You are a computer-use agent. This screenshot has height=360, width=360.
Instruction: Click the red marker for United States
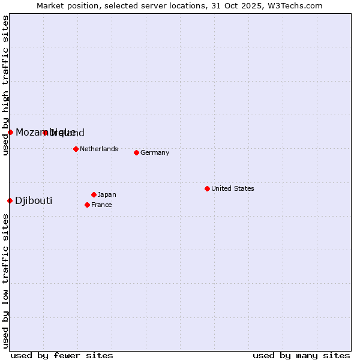tap(207, 188)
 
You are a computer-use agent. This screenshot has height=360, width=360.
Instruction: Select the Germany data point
tap(136, 152)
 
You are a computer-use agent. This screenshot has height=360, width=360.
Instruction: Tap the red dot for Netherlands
tap(76, 149)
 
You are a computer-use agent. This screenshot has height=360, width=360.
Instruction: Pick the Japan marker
tap(94, 194)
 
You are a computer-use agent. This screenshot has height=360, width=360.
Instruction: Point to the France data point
tap(87, 205)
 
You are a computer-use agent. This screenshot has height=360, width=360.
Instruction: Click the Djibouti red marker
tap(10, 200)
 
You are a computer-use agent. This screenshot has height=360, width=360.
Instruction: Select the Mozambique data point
tap(10, 132)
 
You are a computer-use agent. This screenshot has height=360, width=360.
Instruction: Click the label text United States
tap(233, 188)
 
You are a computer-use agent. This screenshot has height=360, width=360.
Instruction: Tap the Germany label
tap(155, 152)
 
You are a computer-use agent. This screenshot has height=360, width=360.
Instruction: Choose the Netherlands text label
tap(99, 149)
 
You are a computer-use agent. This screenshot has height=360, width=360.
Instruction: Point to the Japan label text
tap(107, 194)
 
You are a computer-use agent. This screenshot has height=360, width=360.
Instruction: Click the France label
tap(101, 205)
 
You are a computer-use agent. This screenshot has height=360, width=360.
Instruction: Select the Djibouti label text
tap(34, 200)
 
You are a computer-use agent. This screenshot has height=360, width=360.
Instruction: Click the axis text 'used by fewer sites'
tap(62, 355)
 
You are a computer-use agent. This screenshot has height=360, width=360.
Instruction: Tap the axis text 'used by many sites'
tap(301, 355)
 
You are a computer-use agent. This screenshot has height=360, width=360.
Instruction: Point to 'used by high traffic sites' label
tap(5, 85)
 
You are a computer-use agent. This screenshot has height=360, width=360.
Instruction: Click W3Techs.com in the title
tap(295, 5)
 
